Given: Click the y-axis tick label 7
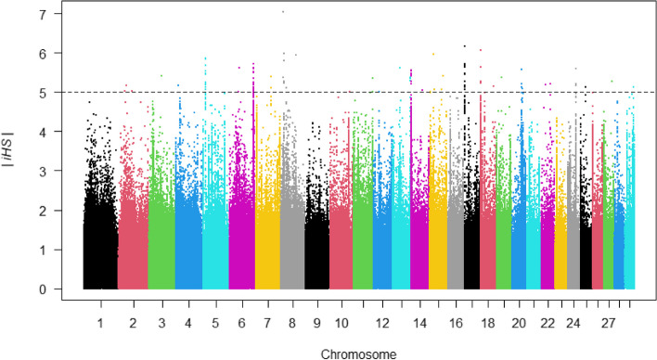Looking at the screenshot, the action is (44, 14).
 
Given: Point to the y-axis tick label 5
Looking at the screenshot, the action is (44, 92).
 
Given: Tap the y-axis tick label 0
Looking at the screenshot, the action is (44, 289).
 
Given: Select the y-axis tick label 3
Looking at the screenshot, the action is (44, 171).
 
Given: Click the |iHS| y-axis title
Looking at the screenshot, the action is (8, 150).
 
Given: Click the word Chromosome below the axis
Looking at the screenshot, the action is (358, 354).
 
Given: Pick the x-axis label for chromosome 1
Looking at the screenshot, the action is (100, 323).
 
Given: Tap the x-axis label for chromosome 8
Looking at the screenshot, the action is (292, 323).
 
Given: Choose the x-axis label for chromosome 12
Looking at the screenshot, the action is (382, 323).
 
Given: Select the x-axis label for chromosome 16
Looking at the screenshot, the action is (456, 323).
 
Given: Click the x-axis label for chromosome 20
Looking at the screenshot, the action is (519, 323).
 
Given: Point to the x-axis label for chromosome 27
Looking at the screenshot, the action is (609, 323).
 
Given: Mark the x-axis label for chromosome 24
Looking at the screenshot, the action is (573, 323).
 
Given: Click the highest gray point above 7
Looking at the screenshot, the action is (283, 12).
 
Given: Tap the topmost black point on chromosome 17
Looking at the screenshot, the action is (465, 46).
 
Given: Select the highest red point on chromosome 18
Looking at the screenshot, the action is (481, 50).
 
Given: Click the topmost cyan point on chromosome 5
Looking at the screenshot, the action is (205, 58).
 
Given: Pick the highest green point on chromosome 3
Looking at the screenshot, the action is (161, 76).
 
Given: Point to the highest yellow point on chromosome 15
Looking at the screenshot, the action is (433, 54).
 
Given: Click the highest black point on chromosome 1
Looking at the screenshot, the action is (89, 102).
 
